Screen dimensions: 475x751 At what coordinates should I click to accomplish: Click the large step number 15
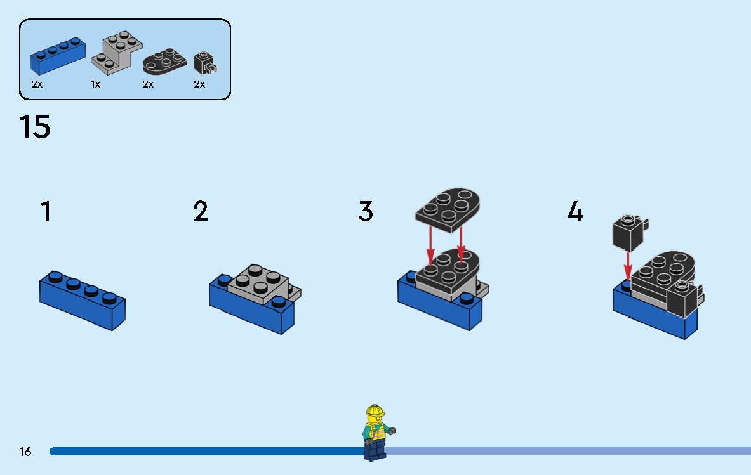[35, 127]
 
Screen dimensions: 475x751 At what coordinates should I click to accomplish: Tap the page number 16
[25, 452]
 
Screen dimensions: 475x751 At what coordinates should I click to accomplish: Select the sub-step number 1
[46, 211]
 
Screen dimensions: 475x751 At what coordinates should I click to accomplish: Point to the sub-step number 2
[201, 211]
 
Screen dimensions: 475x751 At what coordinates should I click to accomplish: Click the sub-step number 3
[366, 211]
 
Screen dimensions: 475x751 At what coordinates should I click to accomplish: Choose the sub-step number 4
[575, 211]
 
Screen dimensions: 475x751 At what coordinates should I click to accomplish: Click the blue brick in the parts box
[58, 56]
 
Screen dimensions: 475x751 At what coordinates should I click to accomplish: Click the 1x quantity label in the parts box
[95, 84]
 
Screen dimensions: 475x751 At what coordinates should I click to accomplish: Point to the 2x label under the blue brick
[37, 84]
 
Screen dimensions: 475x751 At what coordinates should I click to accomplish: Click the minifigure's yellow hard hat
[375, 412]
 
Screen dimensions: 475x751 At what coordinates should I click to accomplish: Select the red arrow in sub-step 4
[628, 266]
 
